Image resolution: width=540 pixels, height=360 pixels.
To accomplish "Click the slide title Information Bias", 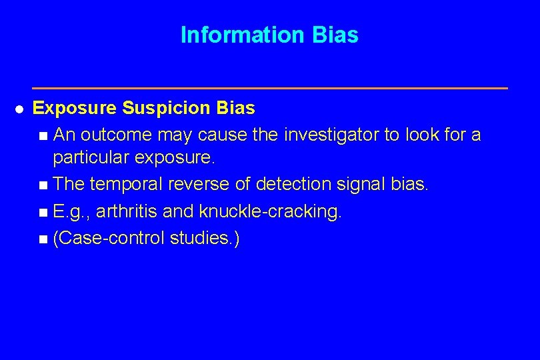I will [x=269, y=35].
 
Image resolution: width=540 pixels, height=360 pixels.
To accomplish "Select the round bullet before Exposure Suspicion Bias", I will [x=19, y=109].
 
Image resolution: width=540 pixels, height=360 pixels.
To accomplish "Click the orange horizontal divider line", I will [x=269, y=88].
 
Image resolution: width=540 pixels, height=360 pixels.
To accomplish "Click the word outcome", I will [x=115, y=135].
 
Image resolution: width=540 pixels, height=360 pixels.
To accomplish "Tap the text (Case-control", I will [x=109, y=238].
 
